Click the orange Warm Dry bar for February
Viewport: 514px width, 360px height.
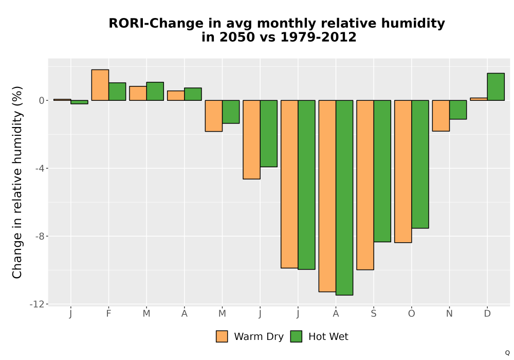tap(100, 85)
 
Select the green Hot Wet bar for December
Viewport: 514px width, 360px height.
tap(495, 86)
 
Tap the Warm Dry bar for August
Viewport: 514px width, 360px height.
tap(327, 196)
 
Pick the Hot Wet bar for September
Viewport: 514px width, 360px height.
tap(382, 171)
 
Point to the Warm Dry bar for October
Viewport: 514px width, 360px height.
tap(403, 171)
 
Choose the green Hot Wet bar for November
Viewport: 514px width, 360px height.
tap(458, 110)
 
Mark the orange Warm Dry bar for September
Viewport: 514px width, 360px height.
tap(365, 185)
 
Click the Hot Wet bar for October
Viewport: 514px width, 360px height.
tap(420, 164)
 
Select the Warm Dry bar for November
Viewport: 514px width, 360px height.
tap(441, 116)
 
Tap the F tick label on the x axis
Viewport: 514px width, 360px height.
tap(108, 314)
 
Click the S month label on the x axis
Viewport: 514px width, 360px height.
tap(373, 314)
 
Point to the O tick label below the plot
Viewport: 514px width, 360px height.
tap(411, 314)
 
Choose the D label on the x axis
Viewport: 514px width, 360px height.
tap(487, 314)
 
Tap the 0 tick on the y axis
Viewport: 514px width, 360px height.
tap(42, 101)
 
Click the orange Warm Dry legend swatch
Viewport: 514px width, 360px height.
tap(222, 337)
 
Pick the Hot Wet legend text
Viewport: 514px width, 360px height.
tap(328, 337)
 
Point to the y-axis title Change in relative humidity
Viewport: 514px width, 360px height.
tap(17, 182)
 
